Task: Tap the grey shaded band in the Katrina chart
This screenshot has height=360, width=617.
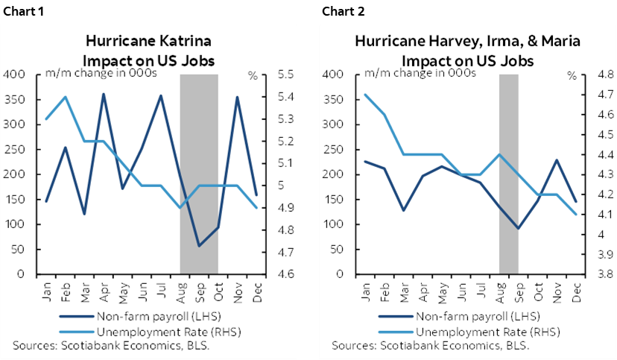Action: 199,171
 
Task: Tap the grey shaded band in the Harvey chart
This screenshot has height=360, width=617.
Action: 508,171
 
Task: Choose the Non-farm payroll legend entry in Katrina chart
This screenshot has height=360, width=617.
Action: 154,316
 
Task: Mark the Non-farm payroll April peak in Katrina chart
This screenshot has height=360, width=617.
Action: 103,94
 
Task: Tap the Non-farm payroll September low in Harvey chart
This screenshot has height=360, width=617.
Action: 518,228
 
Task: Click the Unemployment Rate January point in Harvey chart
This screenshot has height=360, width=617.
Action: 365,95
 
